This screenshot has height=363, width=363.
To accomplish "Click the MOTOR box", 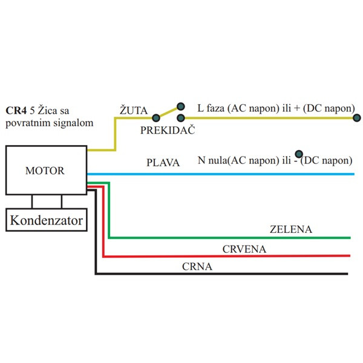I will point(45,170).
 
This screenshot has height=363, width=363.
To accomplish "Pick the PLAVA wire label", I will point(163,163).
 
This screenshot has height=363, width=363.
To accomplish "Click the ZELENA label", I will point(290,229).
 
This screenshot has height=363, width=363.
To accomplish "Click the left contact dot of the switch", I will point(156,118).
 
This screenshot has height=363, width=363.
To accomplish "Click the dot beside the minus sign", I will point(298,154).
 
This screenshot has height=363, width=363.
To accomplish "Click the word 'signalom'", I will point(75,123).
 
